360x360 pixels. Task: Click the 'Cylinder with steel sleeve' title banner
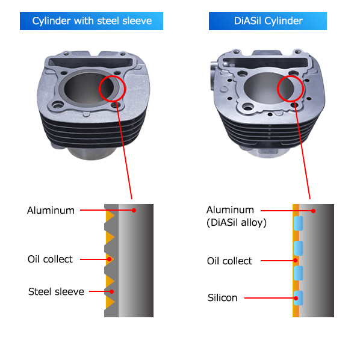[x=92, y=21]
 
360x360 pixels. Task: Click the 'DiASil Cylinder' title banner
[x=268, y=21]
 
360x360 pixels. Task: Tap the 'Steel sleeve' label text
[x=56, y=291]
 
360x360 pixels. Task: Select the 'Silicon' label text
[x=222, y=298]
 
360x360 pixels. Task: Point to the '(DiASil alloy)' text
[x=237, y=223]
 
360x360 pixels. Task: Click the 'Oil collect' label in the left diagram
[x=50, y=259]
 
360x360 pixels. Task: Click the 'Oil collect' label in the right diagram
[x=229, y=261]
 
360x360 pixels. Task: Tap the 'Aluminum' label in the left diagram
[x=51, y=210]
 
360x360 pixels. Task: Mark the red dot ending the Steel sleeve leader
[x=111, y=291]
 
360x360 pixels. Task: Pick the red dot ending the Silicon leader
[x=296, y=298]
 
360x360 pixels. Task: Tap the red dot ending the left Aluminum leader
[x=134, y=210]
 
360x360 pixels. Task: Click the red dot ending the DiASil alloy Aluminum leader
[x=313, y=211]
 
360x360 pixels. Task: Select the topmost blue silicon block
[x=298, y=223]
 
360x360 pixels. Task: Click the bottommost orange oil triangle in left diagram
[x=109, y=303]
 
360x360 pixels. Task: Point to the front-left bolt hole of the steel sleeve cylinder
[x=57, y=105]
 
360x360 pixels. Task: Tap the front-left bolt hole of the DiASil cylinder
[x=248, y=107]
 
